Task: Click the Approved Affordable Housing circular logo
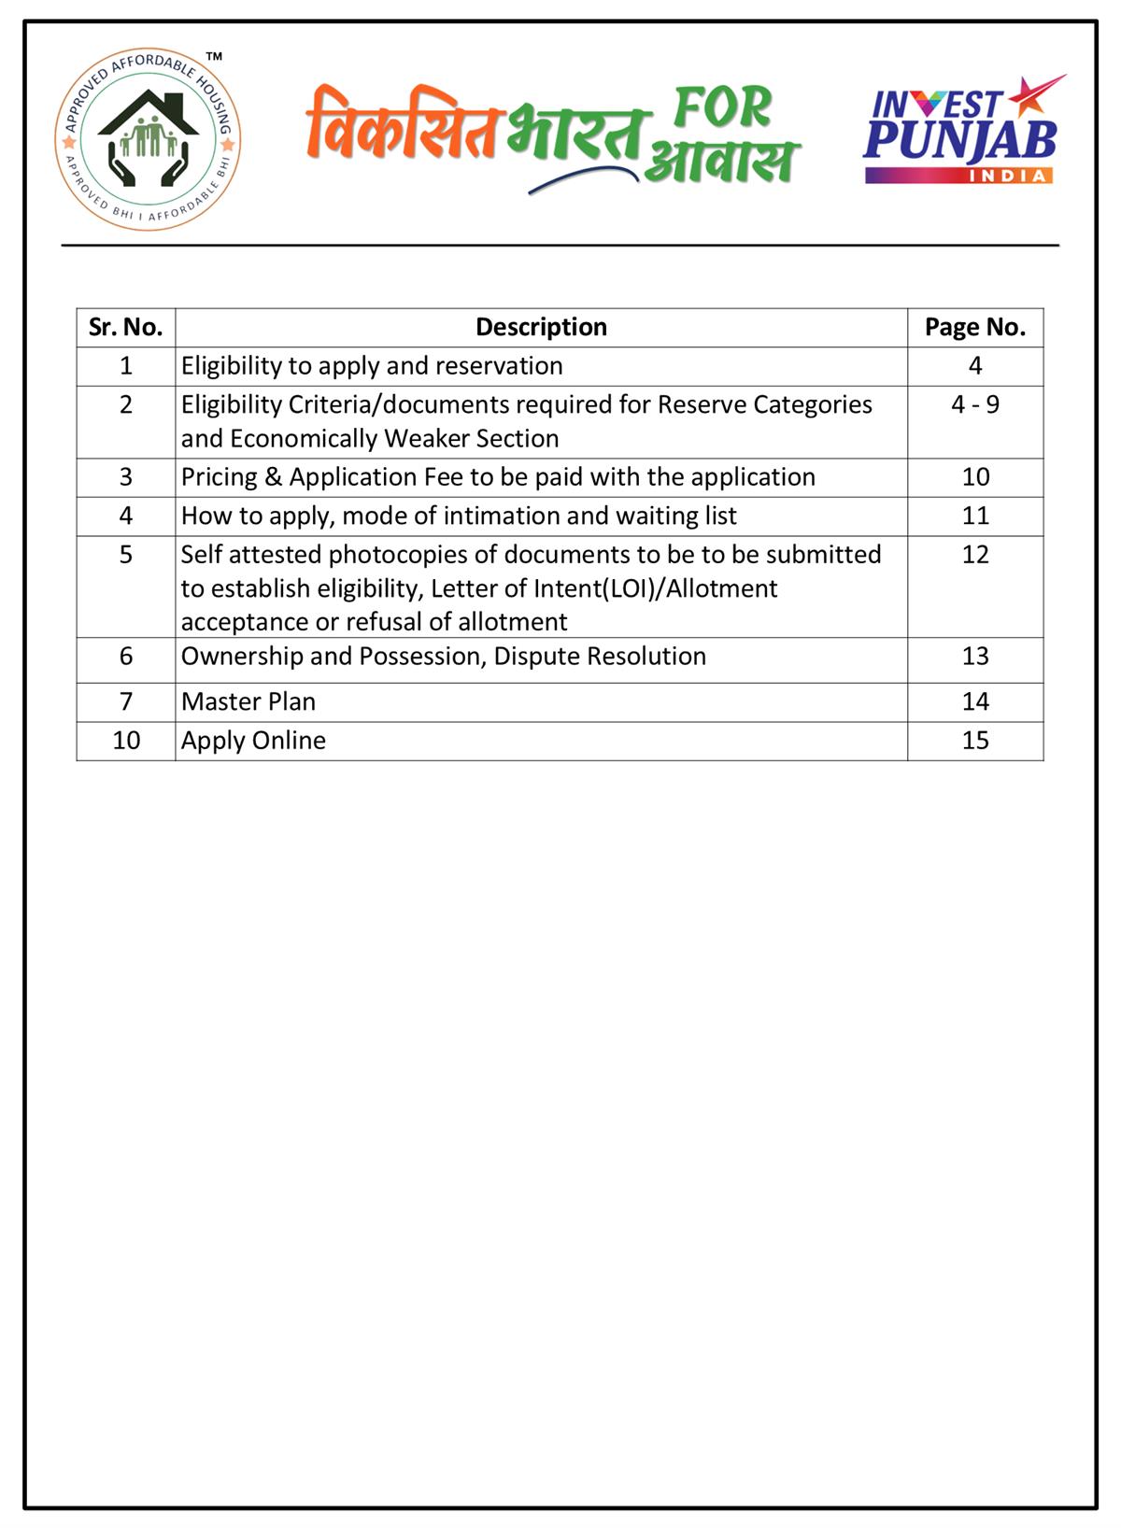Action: [148, 139]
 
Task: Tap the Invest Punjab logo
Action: [961, 131]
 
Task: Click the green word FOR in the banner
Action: [722, 107]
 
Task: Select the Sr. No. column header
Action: [125, 327]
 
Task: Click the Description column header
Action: [541, 327]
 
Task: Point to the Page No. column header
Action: [974, 327]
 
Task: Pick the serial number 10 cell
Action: [126, 741]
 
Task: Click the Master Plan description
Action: [248, 701]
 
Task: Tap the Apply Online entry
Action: [253, 741]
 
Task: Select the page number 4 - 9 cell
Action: [974, 404]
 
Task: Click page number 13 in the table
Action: [974, 657]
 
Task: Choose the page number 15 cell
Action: [974, 741]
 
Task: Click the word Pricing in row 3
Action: [219, 477]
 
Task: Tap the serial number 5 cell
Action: [126, 555]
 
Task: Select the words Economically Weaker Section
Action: [394, 439]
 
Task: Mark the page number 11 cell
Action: [974, 516]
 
